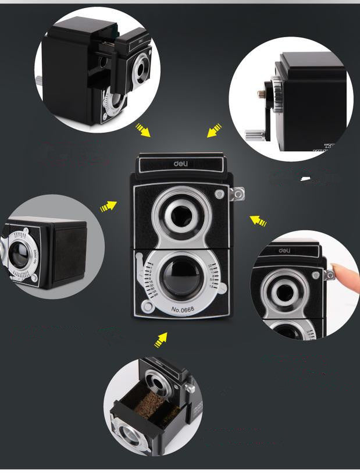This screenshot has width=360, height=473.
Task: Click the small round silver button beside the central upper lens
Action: tap(219, 194)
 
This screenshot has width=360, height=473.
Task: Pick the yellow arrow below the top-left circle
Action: tap(142, 129)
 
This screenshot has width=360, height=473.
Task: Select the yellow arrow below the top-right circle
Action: tap(214, 129)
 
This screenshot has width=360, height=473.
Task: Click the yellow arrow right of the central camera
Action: tap(258, 221)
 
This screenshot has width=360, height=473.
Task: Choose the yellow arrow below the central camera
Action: tap(161, 340)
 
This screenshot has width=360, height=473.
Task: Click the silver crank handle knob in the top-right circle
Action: tap(251, 136)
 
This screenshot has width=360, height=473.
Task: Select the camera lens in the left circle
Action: tap(19, 255)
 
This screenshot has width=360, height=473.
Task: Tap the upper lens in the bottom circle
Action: tap(155, 382)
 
